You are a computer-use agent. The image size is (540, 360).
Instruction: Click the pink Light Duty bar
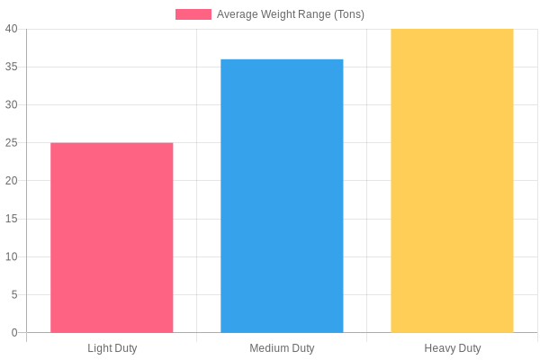(x=112, y=238)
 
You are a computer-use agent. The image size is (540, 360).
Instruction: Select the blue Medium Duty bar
(x=282, y=196)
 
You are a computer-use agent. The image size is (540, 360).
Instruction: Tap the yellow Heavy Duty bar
(x=452, y=181)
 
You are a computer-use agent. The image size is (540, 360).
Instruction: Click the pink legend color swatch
(x=193, y=14)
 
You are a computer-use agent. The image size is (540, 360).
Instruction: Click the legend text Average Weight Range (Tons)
(x=291, y=14)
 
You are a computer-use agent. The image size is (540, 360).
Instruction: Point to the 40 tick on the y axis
(x=12, y=29)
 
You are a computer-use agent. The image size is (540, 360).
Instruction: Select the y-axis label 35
(x=12, y=67)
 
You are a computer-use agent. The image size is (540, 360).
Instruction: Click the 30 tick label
(x=12, y=104)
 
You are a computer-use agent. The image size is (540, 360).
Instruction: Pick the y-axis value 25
(x=12, y=142)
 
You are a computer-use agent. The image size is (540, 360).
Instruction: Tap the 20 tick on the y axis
(x=12, y=181)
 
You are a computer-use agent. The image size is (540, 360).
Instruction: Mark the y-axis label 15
(x=12, y=219)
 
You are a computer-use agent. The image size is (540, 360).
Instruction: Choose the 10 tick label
(x=12, y=256)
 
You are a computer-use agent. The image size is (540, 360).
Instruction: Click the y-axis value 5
(x=14, y=294)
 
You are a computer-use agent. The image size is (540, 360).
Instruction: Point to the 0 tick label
(x=14, y=332)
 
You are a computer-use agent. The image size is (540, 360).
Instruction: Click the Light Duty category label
(x=112, y=348)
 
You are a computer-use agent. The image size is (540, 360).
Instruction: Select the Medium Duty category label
(x=282, y=348)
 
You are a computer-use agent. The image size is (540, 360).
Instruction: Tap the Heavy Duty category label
(x=452, y=348)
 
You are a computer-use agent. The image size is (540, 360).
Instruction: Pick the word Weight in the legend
(x=276, y=14)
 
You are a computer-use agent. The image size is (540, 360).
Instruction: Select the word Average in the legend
(x=238, y=14)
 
